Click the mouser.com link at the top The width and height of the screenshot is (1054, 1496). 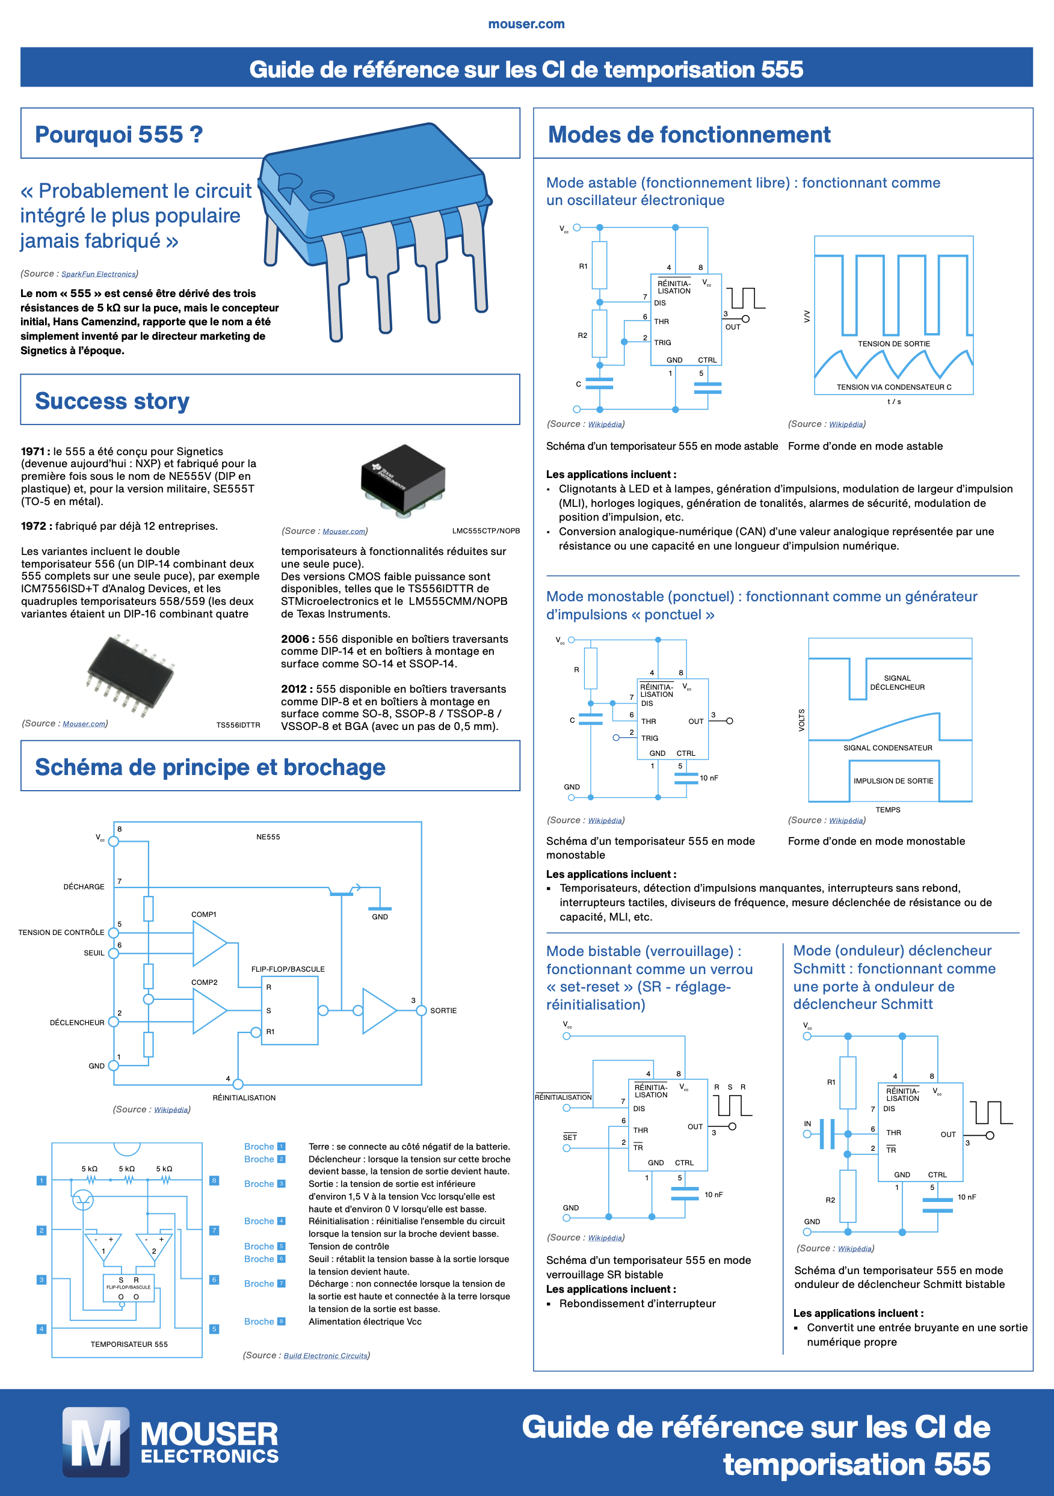[x=526, y=24]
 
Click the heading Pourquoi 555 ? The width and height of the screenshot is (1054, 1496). [x=119, y=135]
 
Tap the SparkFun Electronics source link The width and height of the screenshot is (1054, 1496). [x=99, y=274]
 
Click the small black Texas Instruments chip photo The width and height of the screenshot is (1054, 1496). [x=404, y=480]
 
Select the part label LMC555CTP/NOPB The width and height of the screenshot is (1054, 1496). [x=485, y=531]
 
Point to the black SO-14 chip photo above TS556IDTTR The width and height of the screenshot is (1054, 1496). [x=131, y=676]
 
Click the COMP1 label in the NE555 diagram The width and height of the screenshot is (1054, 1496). [x=203, y=915]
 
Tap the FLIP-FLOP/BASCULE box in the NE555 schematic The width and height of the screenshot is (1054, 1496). [x=289, y=1010]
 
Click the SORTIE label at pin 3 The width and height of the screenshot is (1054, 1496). [x=443, y=1011]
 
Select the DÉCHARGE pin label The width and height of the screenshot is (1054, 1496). [x=84, y=887]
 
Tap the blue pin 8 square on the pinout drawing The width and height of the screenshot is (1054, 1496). [x=214, y=1181]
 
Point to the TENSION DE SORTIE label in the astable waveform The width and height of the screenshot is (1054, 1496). [x=893, y=344]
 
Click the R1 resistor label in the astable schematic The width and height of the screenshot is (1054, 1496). [x=583, y=266]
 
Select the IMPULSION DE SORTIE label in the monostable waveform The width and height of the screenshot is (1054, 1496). [x=893, y=780]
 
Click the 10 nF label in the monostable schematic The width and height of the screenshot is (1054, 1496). [x=709, y=778]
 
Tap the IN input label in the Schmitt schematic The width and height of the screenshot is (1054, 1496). [x=807, y=1124]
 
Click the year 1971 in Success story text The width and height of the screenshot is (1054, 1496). [x=32, y=452]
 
